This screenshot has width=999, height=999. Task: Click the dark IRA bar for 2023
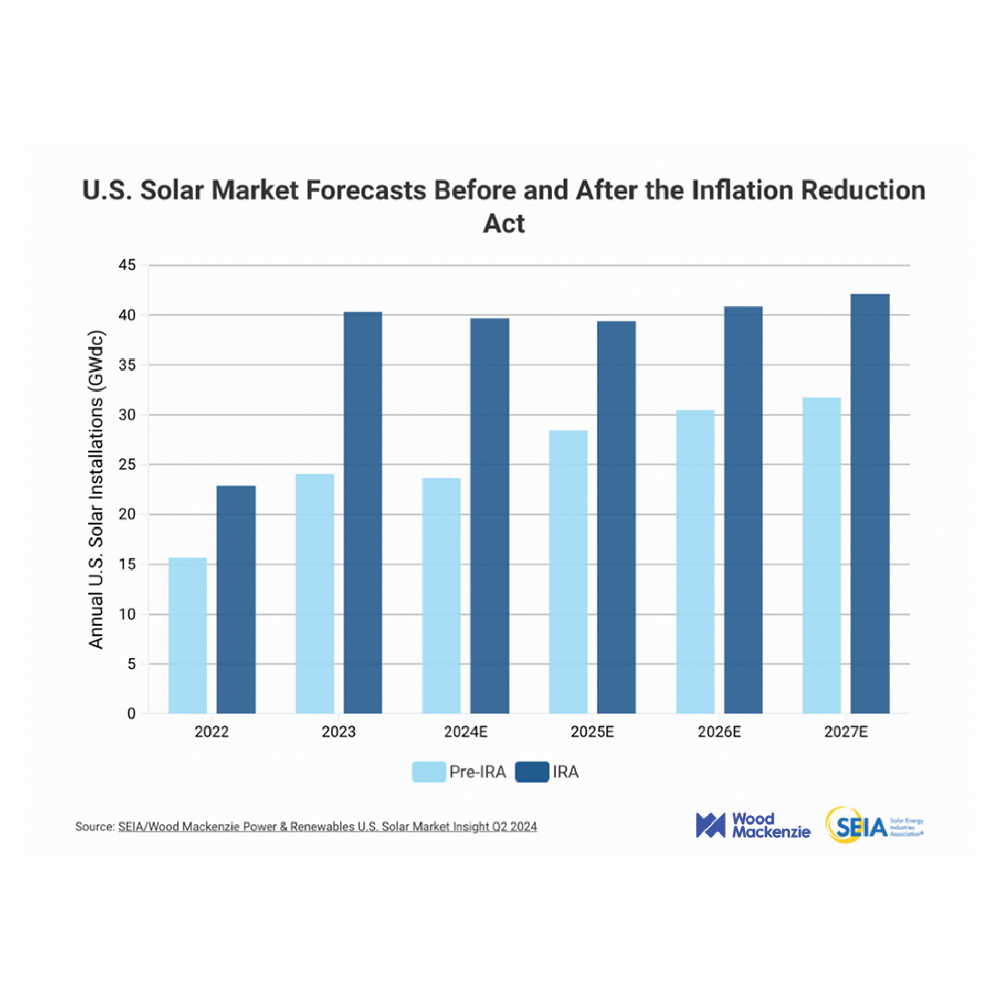pos(363,512)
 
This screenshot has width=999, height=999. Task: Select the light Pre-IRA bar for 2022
pos(188,635)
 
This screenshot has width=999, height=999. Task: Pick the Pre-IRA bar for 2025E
pos(568,571)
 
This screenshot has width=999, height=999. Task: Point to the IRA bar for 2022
pos(236,599)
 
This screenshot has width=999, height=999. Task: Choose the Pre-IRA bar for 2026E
pos(695,562)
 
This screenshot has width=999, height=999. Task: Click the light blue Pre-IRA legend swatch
pos(429,772)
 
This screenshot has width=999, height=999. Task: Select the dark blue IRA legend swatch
pos(531,772)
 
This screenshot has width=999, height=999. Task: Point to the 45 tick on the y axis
pos(127,265)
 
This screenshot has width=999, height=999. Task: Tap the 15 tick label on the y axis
pos(127,564)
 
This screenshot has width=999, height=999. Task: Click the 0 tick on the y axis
pos(131,714)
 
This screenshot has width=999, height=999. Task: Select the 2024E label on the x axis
pos(465,732)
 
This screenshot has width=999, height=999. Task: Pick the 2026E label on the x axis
pos(719,732)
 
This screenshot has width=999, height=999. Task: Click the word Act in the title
pos(503,223)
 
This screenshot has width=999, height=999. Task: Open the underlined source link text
pos(327,826)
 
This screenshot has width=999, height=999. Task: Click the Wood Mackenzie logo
pos(753,825)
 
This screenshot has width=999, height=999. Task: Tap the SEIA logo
pos(874,825)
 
